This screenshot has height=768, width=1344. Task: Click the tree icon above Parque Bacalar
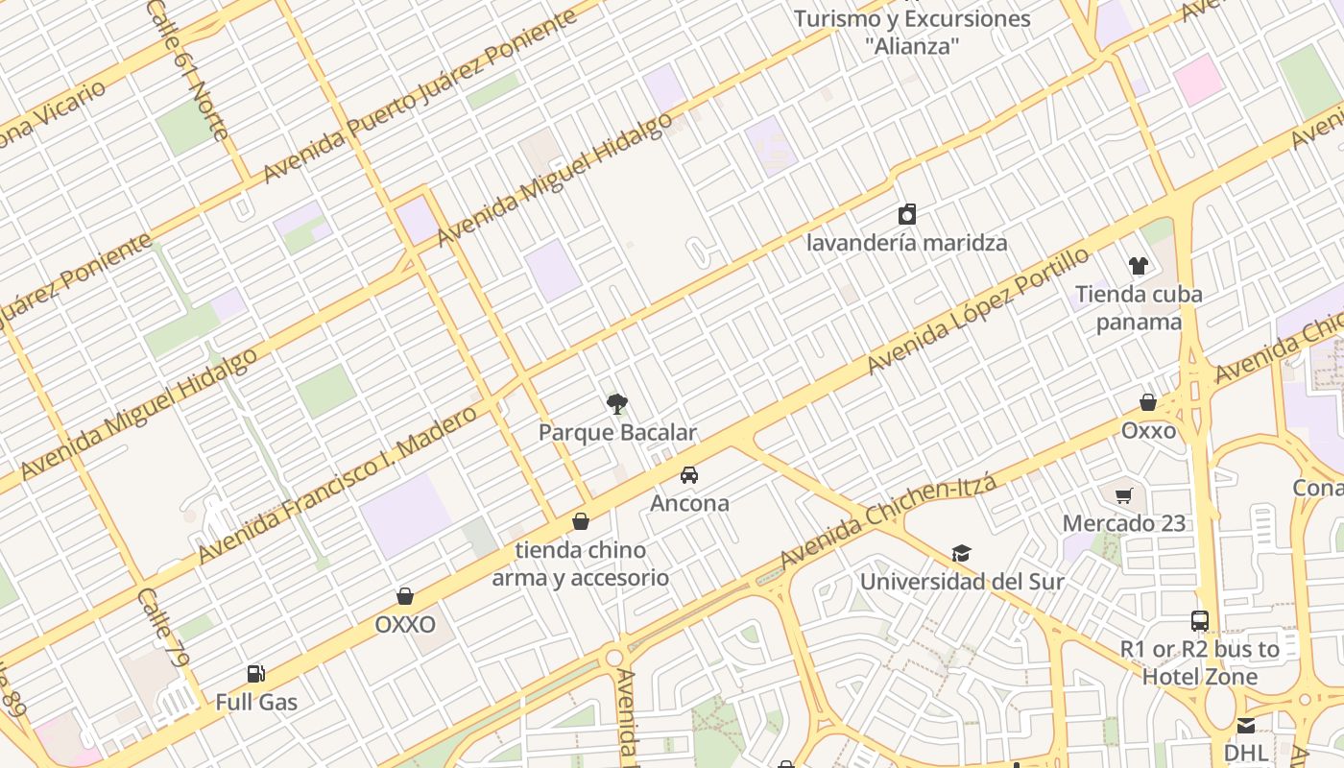[617, 404]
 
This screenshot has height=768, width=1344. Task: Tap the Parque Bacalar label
[617, 433]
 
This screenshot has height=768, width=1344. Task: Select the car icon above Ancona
[688, 474]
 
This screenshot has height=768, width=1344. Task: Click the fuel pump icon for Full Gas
[255, 674]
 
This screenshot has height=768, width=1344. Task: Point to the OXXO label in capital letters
[405, 625]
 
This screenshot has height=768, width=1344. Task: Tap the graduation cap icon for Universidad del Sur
[961, 553]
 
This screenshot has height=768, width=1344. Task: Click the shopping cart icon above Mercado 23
[1123, 495]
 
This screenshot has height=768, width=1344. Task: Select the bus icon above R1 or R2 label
[1199, 621]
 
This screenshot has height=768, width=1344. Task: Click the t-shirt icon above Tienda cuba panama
[1138, 266]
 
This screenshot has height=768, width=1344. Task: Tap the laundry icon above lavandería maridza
[906, 214]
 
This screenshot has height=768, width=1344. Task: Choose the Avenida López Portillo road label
[978, 310]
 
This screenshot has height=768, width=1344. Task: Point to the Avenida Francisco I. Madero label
[337, 485]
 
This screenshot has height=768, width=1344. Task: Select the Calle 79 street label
[162, 628]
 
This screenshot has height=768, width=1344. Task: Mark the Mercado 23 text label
[1123, 524]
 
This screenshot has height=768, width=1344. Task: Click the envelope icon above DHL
[1245, 725]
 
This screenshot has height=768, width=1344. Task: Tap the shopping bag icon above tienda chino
[580, 522]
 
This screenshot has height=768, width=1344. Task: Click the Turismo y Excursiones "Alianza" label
[912, 32]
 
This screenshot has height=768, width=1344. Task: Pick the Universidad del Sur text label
[962, 582]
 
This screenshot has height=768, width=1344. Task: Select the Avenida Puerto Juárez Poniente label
[420, 96]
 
